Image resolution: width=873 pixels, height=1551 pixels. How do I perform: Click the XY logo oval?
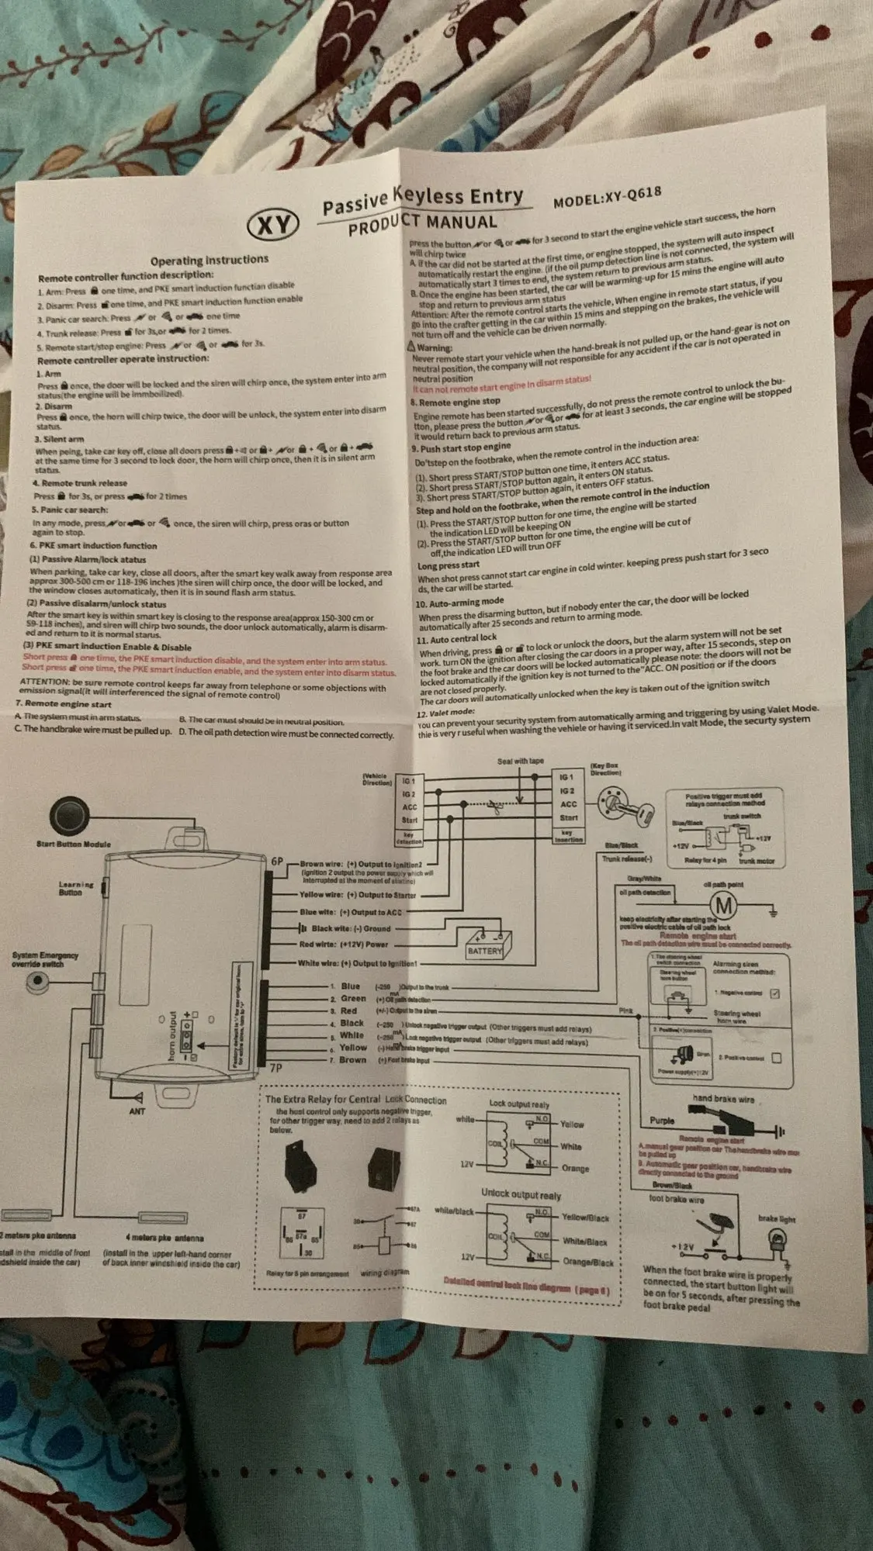tap(273, 226)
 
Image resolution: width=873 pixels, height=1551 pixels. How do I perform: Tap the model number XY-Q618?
tap(608, 196)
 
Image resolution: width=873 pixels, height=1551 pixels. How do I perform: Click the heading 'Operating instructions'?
tap(209, 260)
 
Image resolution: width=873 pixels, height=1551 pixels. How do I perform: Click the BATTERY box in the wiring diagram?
tap(484, 950)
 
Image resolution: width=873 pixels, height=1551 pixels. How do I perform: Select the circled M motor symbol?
tap(724, 904)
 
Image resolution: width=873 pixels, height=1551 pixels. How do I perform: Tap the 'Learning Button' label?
tap(75, 888)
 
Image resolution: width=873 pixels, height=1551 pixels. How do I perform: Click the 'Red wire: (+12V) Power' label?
tap(344, 945)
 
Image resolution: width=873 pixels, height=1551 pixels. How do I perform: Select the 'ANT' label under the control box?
tap(137, 1112)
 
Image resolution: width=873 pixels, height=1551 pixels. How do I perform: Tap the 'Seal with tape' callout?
tap(520, 761)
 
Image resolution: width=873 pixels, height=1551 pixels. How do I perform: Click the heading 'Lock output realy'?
tap(518, 1104)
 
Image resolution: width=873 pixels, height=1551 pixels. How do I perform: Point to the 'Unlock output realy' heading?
tap(520, 1195)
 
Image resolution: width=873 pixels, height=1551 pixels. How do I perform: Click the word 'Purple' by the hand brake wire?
tap(662, 1121)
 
